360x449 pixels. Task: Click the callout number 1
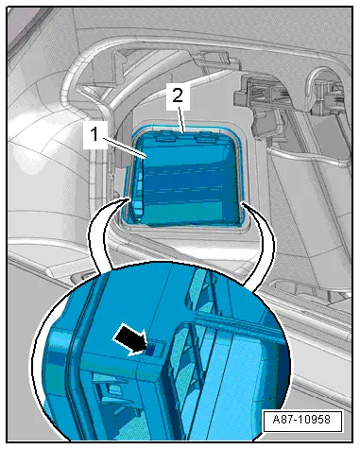click(x=94, y=134)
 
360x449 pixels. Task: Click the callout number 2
click(x=178, y=95)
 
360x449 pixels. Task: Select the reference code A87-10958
click(x=302, y=420)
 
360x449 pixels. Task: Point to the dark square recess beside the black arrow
click(x=152, y=349)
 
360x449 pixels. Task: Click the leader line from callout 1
click(x=124, y=148)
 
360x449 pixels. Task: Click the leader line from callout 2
click(x=182, y=120)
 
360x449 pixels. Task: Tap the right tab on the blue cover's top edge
click(x=207, y=137)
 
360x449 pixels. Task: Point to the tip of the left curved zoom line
click(x=129, y=199)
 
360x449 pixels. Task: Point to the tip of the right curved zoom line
click(x=243, y=204)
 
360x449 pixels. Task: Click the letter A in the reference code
click(x=276, y=420)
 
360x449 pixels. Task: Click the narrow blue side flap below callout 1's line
click(x=137, y=192)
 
